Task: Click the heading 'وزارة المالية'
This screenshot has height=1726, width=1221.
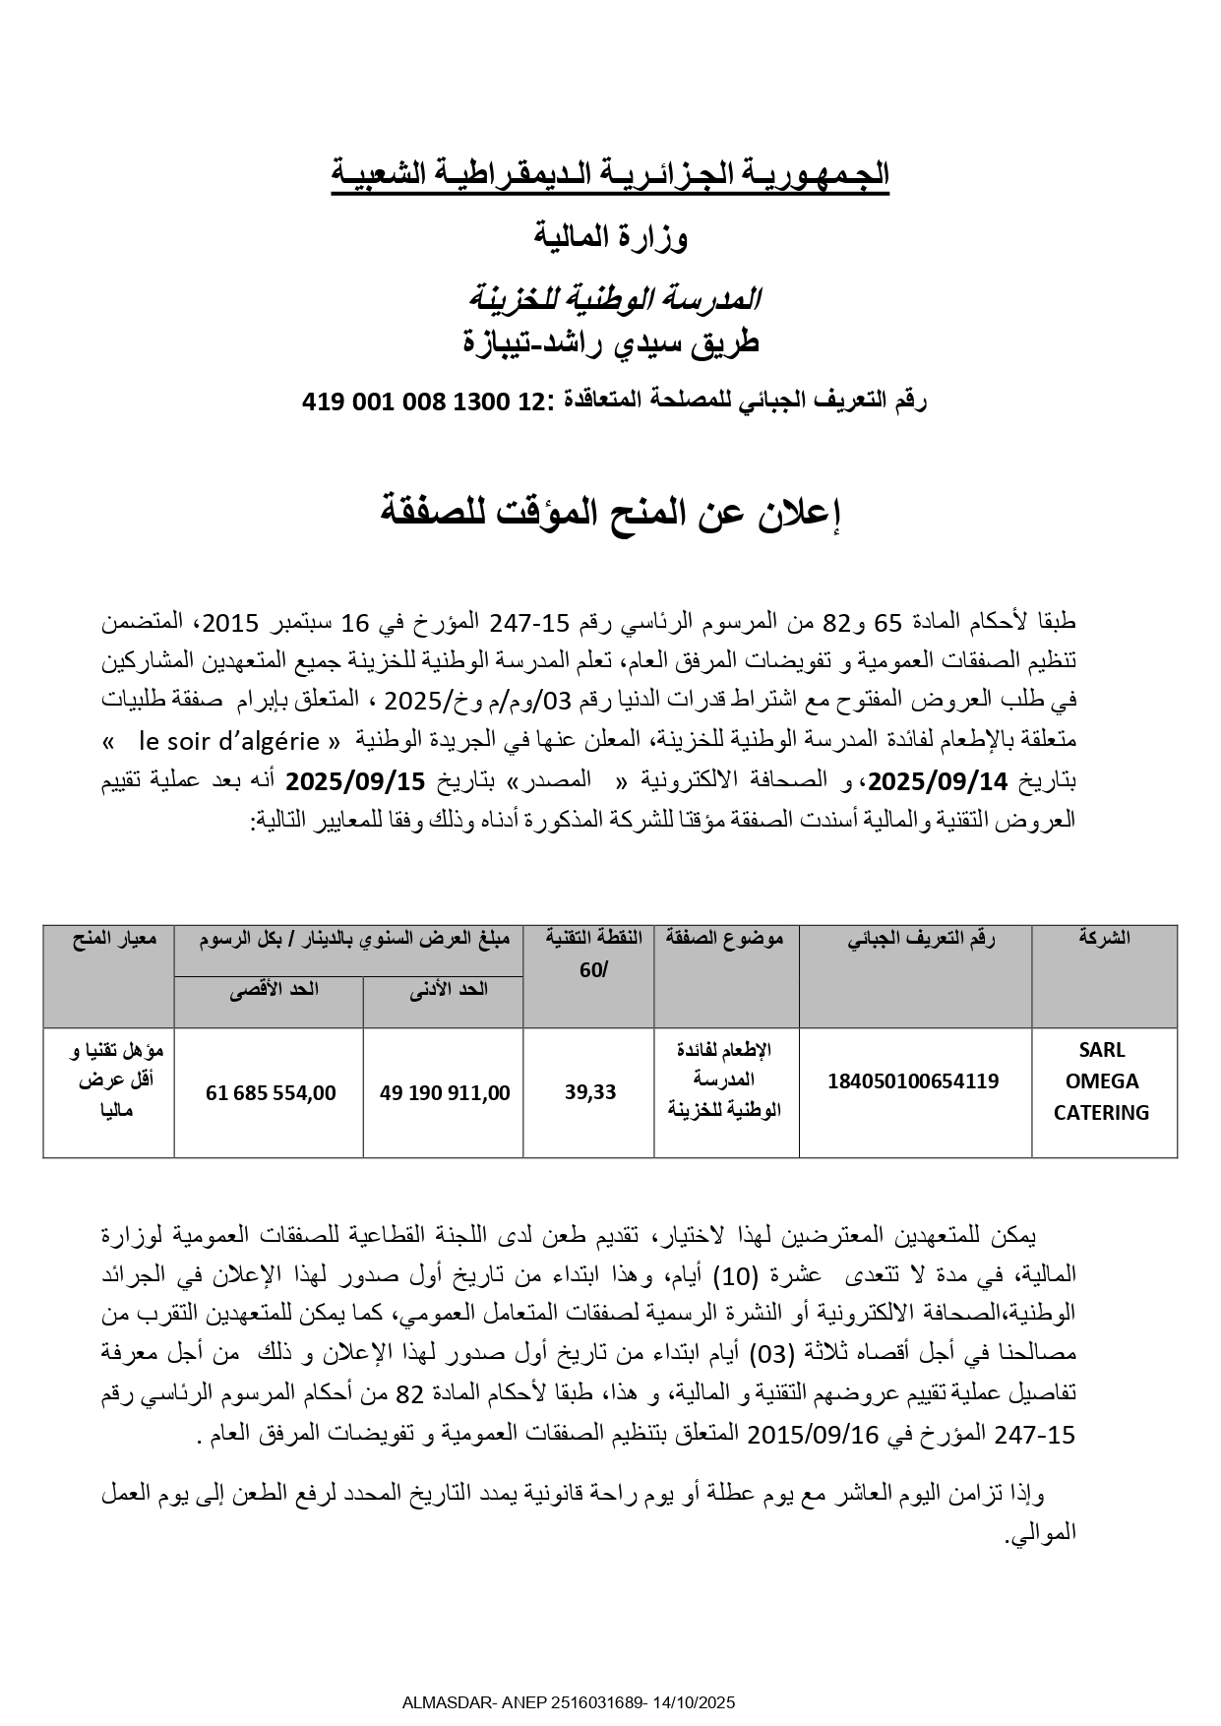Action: point(611,236)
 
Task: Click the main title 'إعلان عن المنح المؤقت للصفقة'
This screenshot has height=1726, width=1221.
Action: point(611,512)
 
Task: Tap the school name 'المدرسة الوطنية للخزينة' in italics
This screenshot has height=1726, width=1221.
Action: point(611,296)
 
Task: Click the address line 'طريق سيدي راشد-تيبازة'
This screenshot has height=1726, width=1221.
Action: point(611,342)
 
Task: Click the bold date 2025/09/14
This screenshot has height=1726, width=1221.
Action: point(940,781)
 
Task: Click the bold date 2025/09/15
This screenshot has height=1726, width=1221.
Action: point(355,781)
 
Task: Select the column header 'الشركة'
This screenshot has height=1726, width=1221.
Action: point(1104,938)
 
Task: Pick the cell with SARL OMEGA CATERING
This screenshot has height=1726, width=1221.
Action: point(1102,1081)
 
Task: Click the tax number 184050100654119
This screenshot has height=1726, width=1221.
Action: point(913,1081)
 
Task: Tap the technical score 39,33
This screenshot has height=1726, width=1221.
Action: point(590,1092)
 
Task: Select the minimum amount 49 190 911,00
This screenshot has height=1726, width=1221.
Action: point(445,1092)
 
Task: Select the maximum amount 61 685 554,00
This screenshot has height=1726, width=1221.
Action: point(271,1092)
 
